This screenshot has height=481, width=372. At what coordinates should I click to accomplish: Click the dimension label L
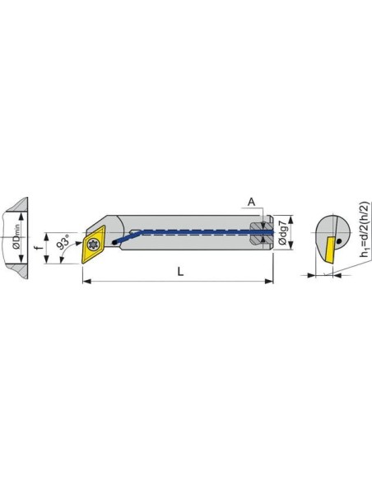(x=180, y=271)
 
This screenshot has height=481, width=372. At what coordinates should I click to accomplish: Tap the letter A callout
(x=251, y=202)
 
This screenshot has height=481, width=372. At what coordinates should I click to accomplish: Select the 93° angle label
(x=63, y=240)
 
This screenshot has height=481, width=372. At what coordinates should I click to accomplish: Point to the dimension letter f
(x=39, y=248)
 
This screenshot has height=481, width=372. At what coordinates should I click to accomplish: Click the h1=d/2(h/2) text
(x=365, y=229)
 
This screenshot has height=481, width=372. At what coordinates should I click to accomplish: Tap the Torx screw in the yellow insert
(x=92, y=245)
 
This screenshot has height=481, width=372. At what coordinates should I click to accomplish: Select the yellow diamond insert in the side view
(x=93, y=245)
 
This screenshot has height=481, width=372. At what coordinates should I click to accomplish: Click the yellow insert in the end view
(x=331, y=250)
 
